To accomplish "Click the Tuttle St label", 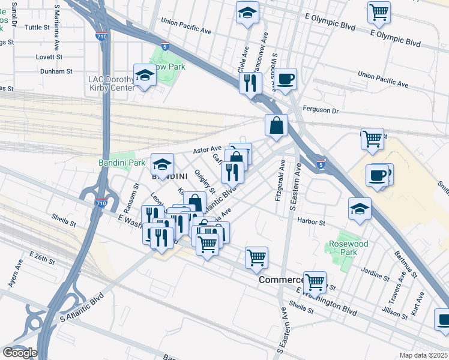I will tap(37, 28).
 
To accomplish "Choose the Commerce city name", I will tap(281, 280).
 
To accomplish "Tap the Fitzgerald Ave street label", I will tap(279, 184).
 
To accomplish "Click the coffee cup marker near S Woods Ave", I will tap(286, 78).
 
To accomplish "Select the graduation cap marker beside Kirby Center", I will tap(144, 75).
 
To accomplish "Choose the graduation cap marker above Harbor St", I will tap(360, 209).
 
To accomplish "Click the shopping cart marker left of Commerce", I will tap(256, 257).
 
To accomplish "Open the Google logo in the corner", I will tap(20, 353).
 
